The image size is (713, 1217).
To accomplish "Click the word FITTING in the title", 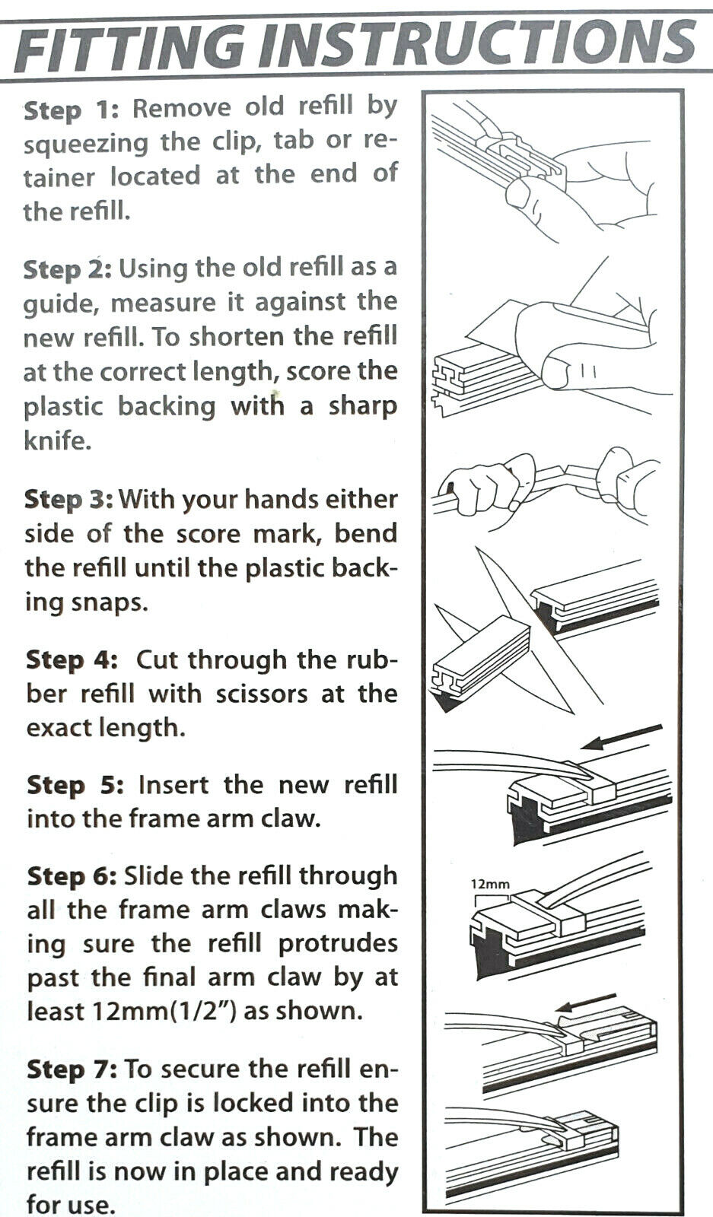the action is (130, 47).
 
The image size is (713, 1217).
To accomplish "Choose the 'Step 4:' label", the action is (72, 660).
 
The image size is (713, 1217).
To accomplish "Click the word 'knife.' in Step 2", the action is (57, 440).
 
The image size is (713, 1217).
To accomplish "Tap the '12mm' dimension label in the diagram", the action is (490, 884).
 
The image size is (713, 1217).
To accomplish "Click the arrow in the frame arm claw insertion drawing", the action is (621, 737).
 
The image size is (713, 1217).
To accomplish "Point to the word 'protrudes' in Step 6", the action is (338, 945).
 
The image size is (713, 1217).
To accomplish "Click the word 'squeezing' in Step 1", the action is (85, 145).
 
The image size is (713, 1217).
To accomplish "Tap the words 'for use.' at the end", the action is (72, 1203).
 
